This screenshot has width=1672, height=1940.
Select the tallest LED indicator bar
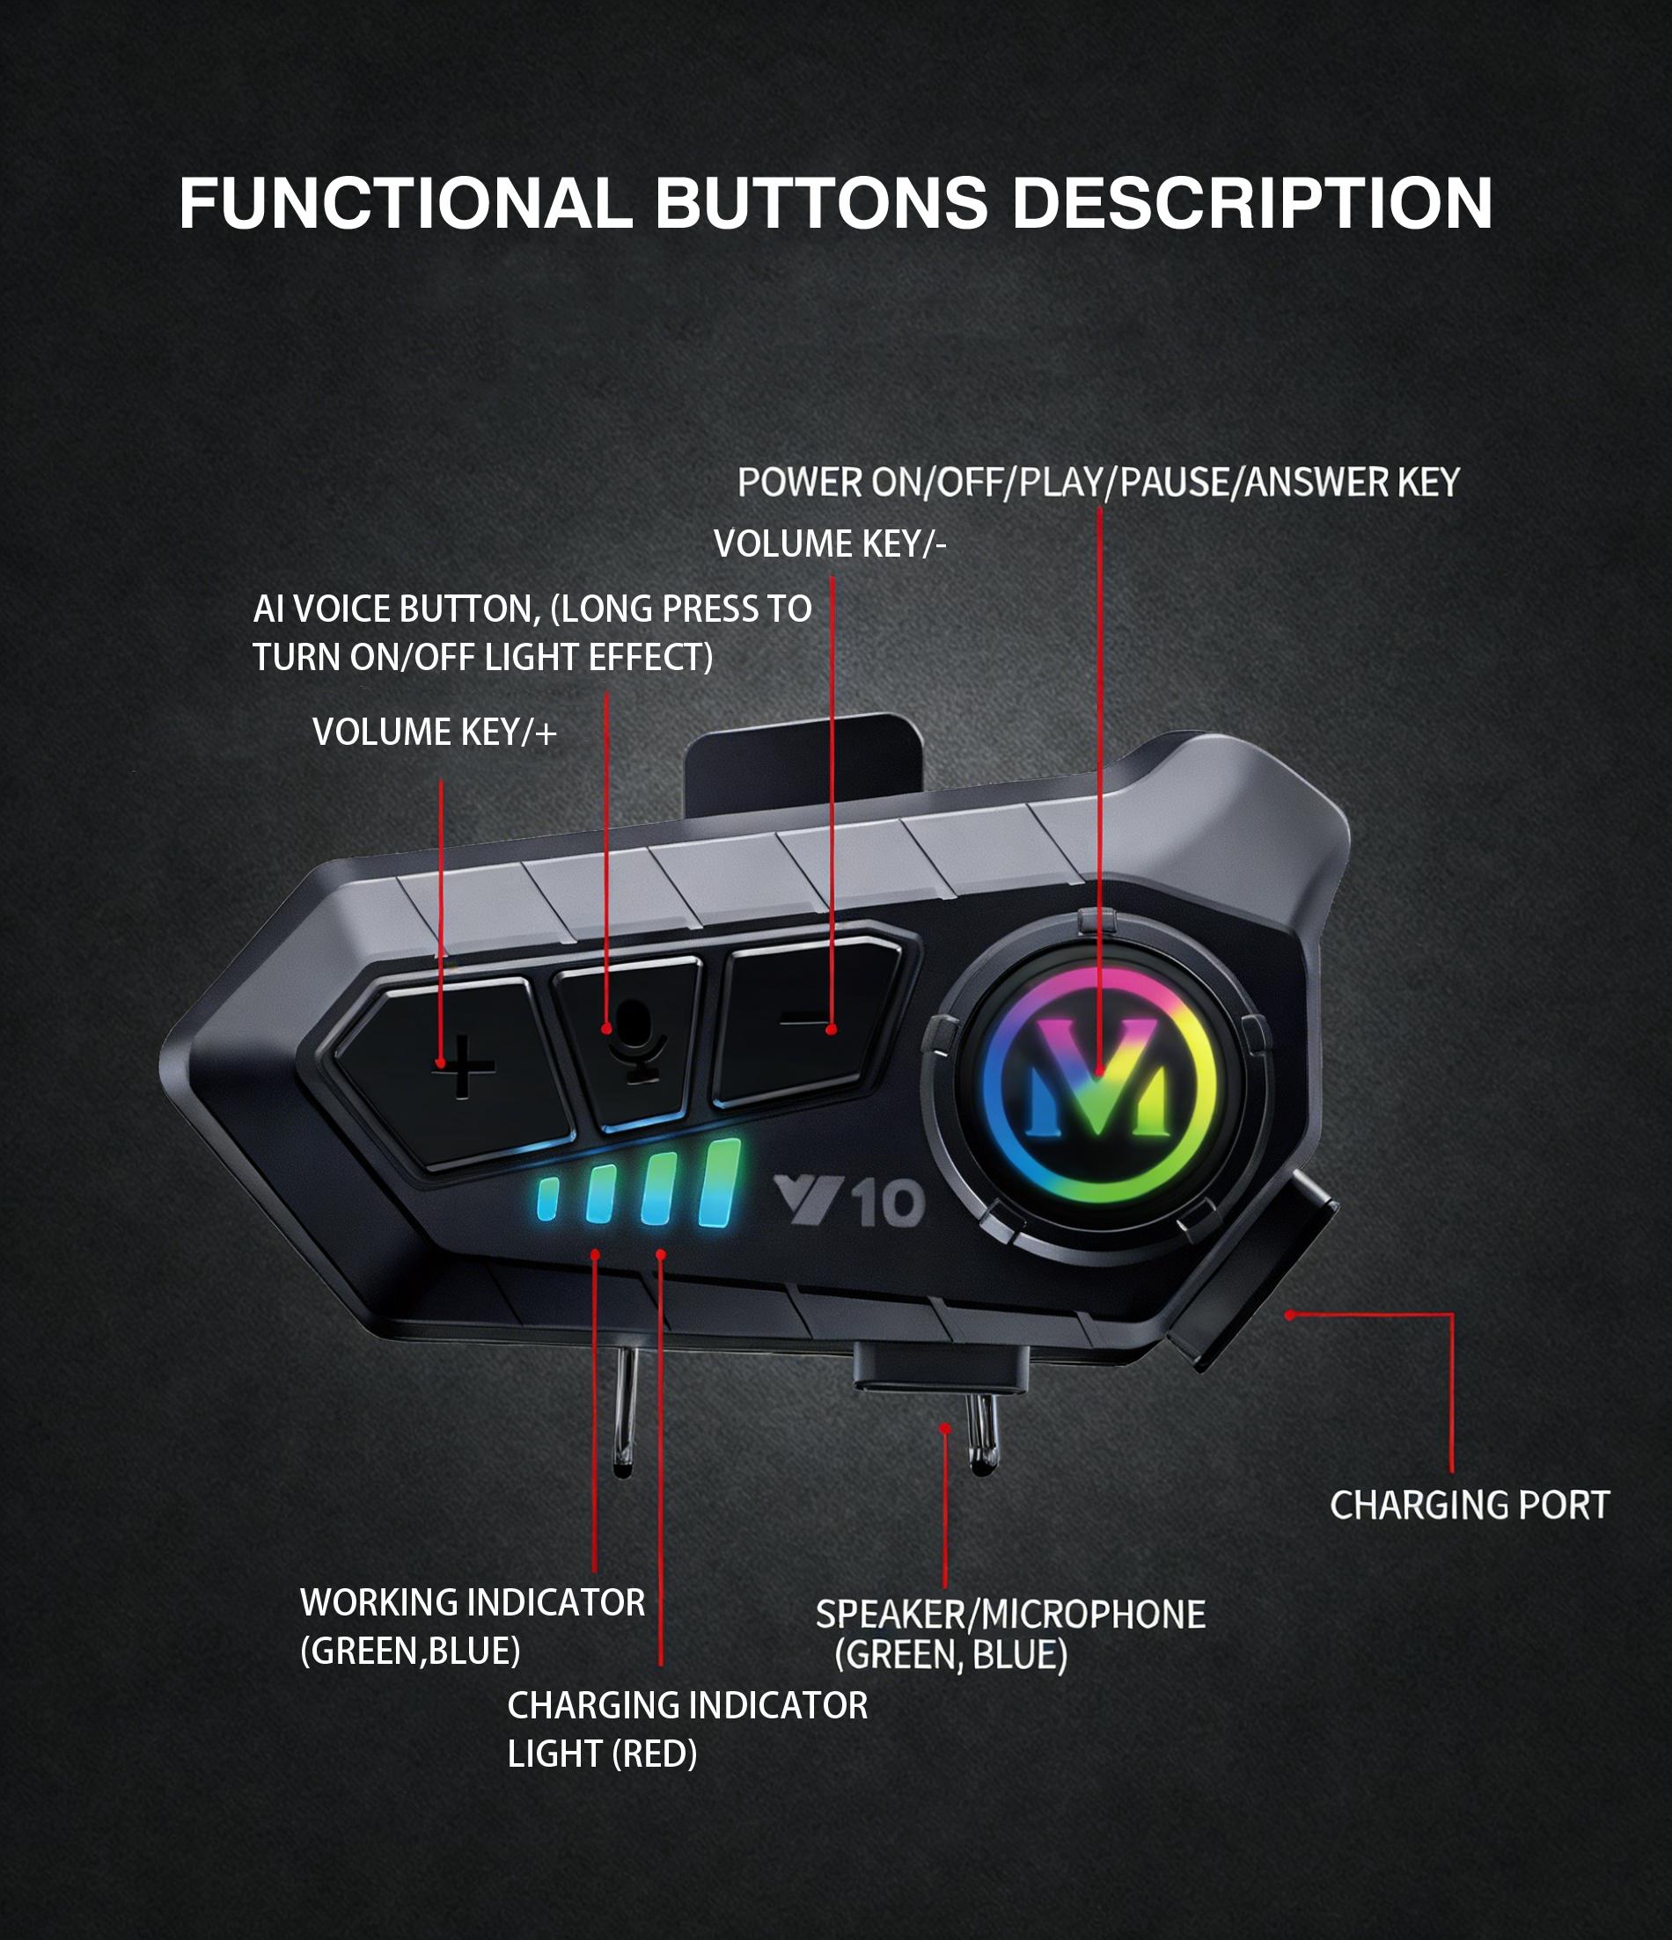[x=719, y=1183]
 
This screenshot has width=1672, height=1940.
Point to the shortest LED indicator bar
[x=547, y=1200]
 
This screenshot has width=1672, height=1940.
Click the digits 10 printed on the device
[x=890, y=1203]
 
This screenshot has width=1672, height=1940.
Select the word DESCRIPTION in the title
[x=1251, y=203]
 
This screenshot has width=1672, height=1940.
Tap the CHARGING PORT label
[x=1469, y=1506]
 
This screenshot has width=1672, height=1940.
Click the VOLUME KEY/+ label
[x=434, y=733]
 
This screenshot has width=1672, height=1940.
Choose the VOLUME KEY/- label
[x=829, y=544]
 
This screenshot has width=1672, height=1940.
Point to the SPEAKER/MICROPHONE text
[x=1009, y=1614]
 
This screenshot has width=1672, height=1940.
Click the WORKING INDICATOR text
[x=472, y=1602]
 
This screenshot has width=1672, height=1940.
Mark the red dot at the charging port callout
[x=1290, y=1315]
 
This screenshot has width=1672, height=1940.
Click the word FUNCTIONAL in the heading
[x=405, y=203]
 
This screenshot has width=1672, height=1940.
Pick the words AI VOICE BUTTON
[x=396, y=609]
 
